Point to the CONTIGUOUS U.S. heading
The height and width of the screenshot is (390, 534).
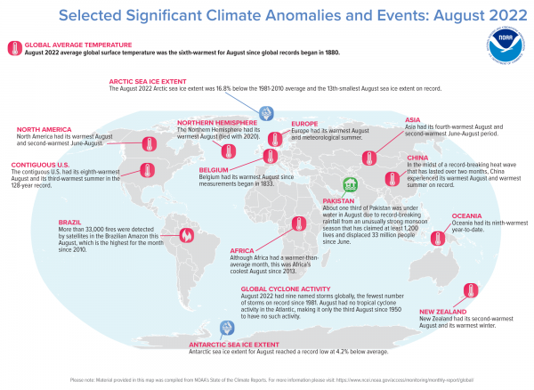pyautogui.click(x=40, y=164)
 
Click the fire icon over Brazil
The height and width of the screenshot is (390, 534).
pyautogui.click(x=187, y=235)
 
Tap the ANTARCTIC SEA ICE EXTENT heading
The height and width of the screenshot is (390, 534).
pyautogui.click(x=232, y=343)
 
